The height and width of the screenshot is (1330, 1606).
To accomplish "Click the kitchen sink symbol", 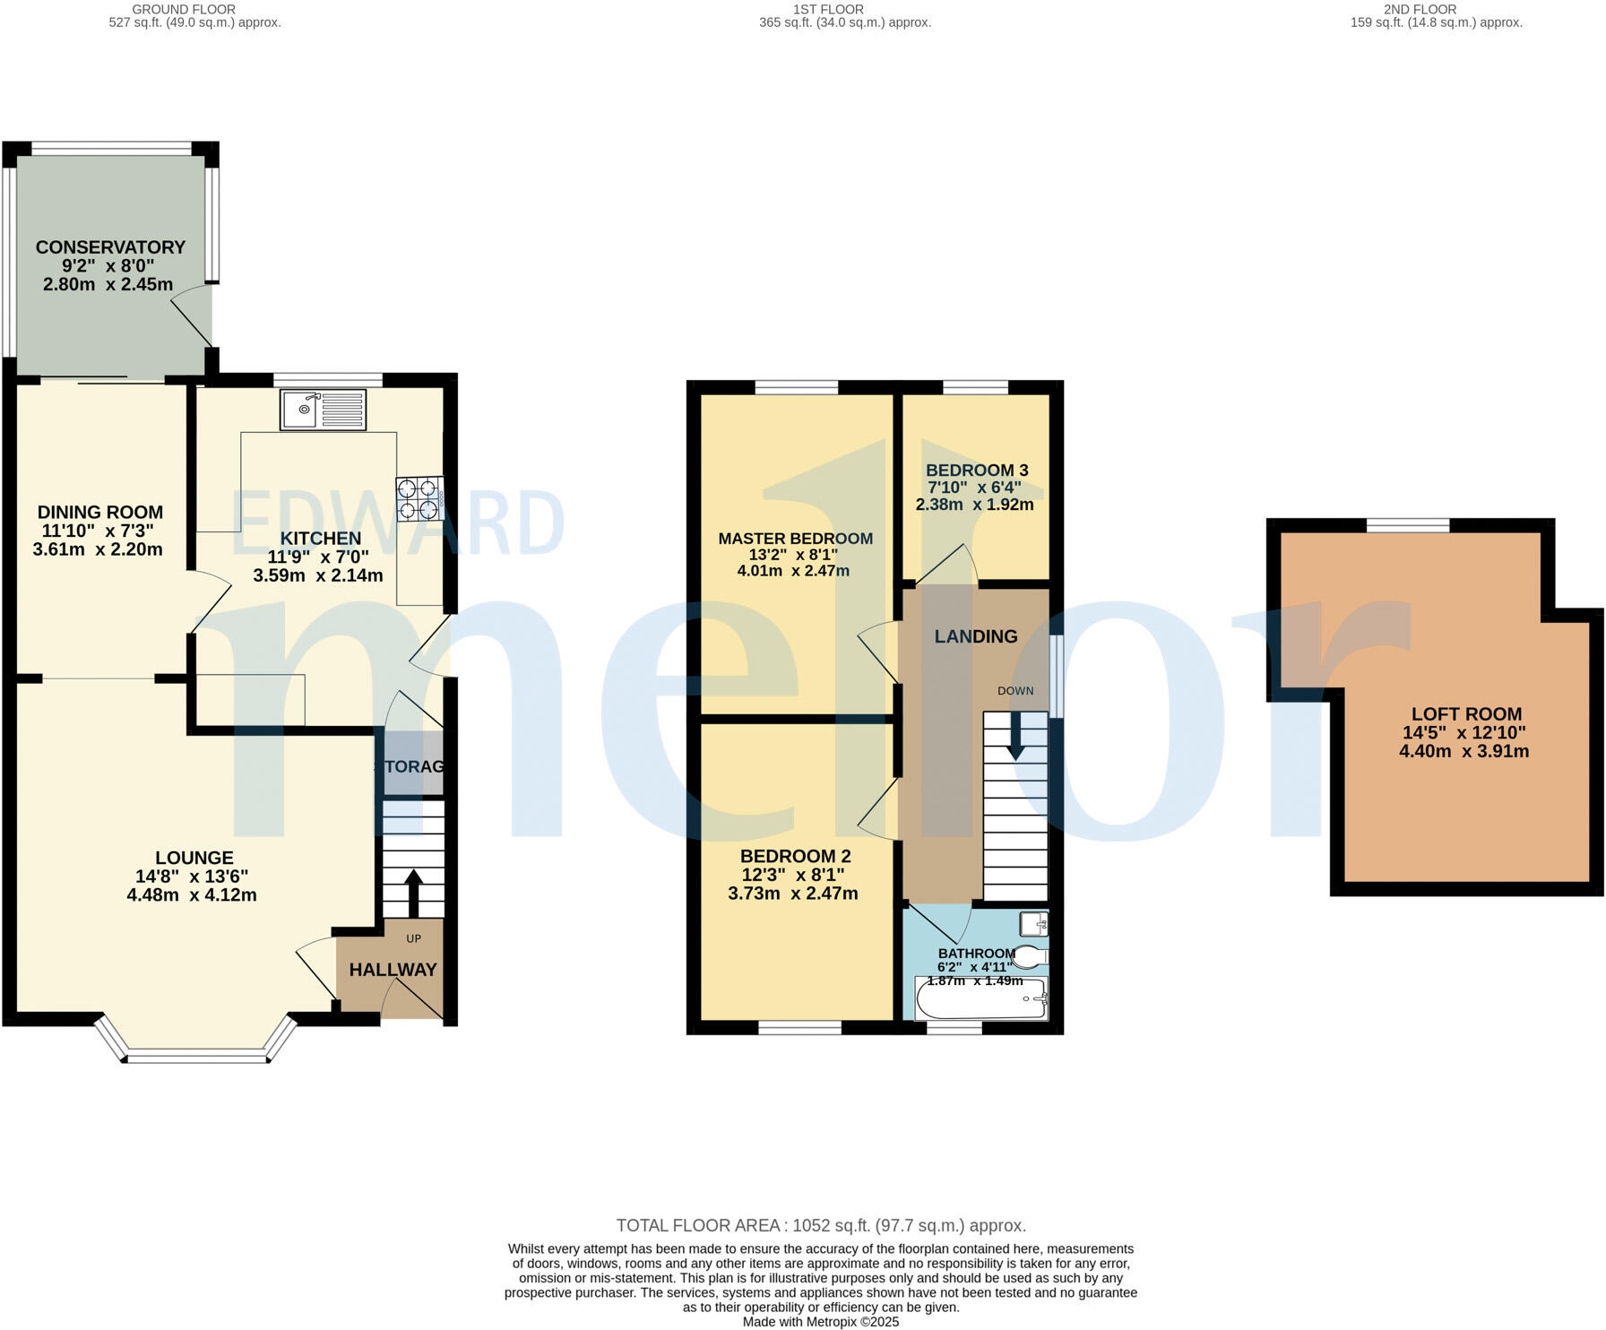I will tap(323, 410).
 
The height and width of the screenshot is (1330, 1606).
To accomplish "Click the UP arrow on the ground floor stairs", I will tap(413, 891).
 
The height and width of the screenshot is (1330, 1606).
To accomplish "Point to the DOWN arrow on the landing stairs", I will tap(1015, 736).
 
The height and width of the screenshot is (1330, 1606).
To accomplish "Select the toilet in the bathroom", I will tap(1030, 957).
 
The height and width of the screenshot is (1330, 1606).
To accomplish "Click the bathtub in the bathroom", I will tap(981, 1000).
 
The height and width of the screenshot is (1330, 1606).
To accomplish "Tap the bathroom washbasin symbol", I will tap(1033, 923).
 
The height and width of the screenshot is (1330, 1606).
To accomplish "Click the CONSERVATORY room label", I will tap(110, 247).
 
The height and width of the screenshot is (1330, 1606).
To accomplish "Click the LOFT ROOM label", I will tap(1466, 714).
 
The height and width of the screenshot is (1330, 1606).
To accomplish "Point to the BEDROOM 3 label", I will tap(977, 471).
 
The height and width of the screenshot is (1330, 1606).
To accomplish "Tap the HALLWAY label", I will tap(393, 970).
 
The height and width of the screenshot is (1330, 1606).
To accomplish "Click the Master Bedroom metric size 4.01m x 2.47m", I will tap(793, 571).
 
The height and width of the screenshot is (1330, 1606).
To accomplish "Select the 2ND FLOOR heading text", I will tap(1420, 9).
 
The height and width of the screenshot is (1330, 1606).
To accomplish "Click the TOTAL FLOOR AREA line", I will tap(821, 1225).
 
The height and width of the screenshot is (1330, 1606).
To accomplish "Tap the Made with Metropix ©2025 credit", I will tap(821, 1322).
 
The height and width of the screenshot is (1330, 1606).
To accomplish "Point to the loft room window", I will tap(1407, 526).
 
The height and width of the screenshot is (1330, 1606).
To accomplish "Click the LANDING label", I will tap(976, 636).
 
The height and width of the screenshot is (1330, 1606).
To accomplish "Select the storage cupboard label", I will tap(410, 766).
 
